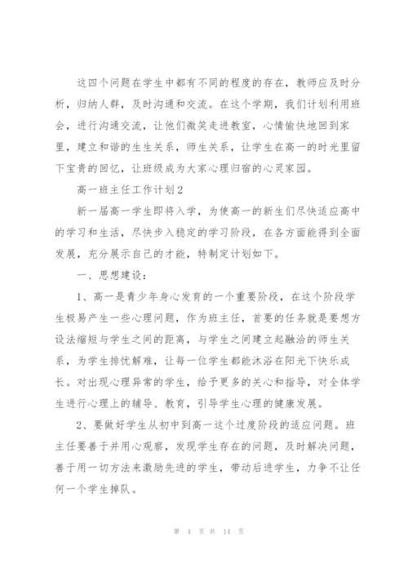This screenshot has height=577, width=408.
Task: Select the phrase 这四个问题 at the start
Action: [103, 83]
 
